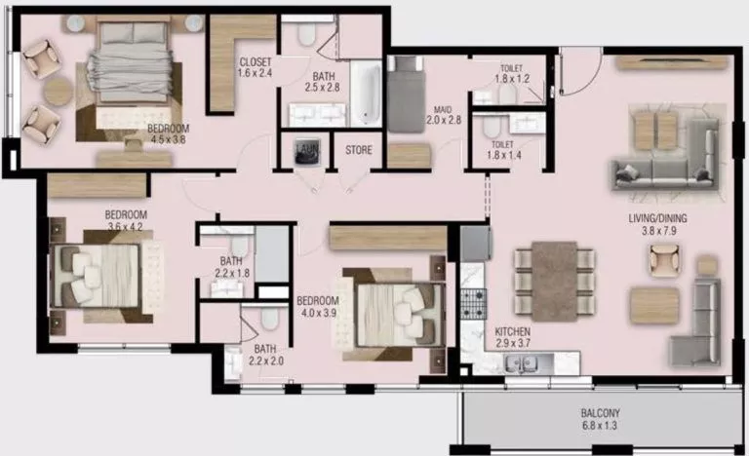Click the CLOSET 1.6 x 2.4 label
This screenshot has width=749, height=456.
click(254, 66)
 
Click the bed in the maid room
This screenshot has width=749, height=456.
click(406, 94)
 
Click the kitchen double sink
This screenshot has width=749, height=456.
click(528, 364)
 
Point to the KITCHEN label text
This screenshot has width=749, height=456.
click(511, 331)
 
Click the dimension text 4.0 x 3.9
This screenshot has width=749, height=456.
click(316, 313)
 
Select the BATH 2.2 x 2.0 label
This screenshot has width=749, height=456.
click(264, 356)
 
